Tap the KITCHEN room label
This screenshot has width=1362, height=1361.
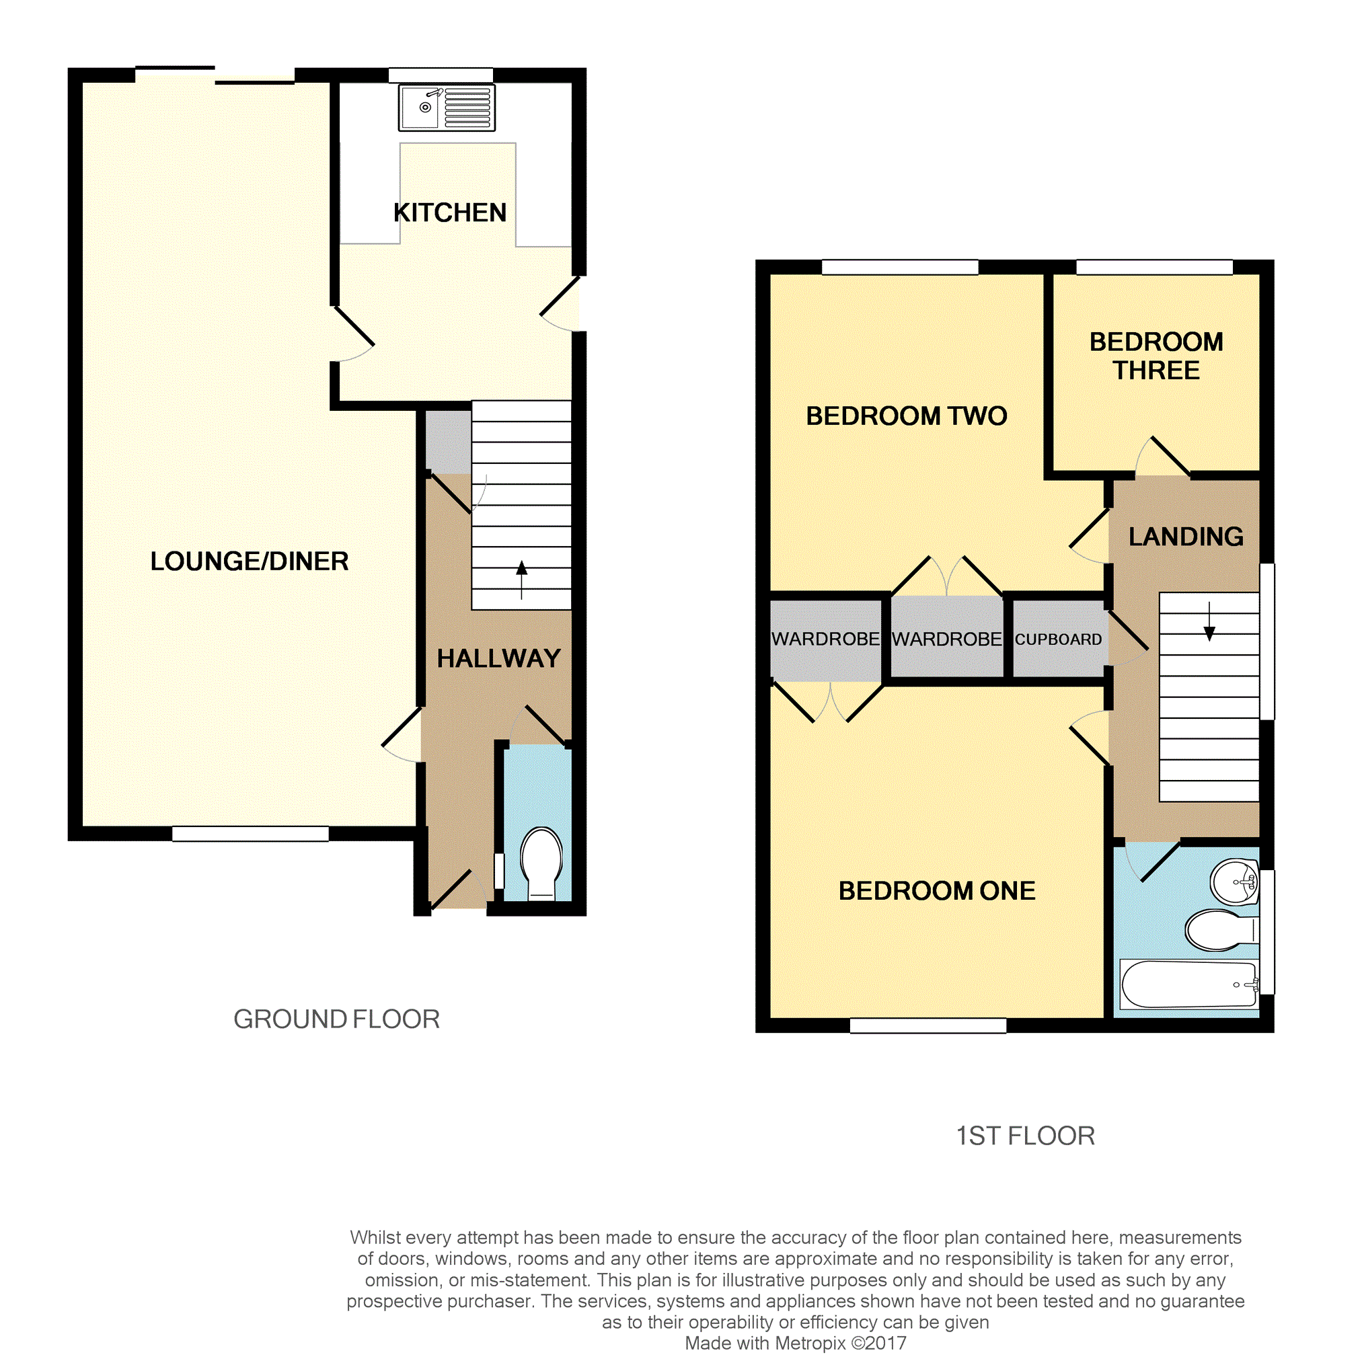coord(450,212)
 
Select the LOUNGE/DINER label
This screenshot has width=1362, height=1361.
coord(250,561)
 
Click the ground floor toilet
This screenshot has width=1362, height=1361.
coord(541,863)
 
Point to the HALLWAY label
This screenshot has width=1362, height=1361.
coord(498,658)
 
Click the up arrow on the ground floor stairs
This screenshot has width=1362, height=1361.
coord(522,580)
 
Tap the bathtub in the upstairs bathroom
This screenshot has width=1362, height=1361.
coord(1188,984)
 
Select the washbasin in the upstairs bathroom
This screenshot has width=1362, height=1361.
coord(1234,881)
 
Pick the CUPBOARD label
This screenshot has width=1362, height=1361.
coord(1058,639)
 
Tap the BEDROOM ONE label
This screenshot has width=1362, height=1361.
coord(937,891)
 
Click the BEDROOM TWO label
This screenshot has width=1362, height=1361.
coord(907,416)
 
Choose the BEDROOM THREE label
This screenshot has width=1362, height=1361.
coord(1156,356)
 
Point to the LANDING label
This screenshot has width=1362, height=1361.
coord(1186,537)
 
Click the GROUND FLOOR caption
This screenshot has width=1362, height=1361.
coord(336,1019)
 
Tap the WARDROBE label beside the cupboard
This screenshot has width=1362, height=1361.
coord(946,639)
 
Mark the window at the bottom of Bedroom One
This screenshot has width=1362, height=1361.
coord(928,1025)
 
